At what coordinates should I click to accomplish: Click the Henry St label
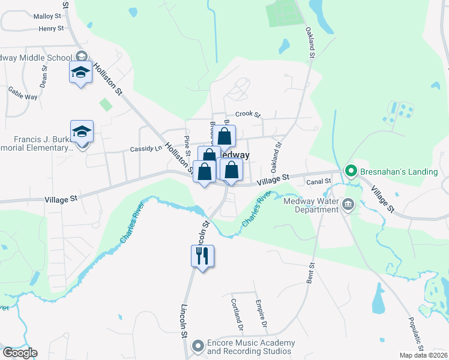point(50,29)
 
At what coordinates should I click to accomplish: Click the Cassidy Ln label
point(146,149)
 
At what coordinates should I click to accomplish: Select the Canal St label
point(319,181)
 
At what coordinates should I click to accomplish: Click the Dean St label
point(43,76)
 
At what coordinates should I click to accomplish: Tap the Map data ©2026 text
point(423,355)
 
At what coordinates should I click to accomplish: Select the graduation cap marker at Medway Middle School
point(81,72)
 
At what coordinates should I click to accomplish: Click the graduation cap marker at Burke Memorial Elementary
point(82,131)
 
